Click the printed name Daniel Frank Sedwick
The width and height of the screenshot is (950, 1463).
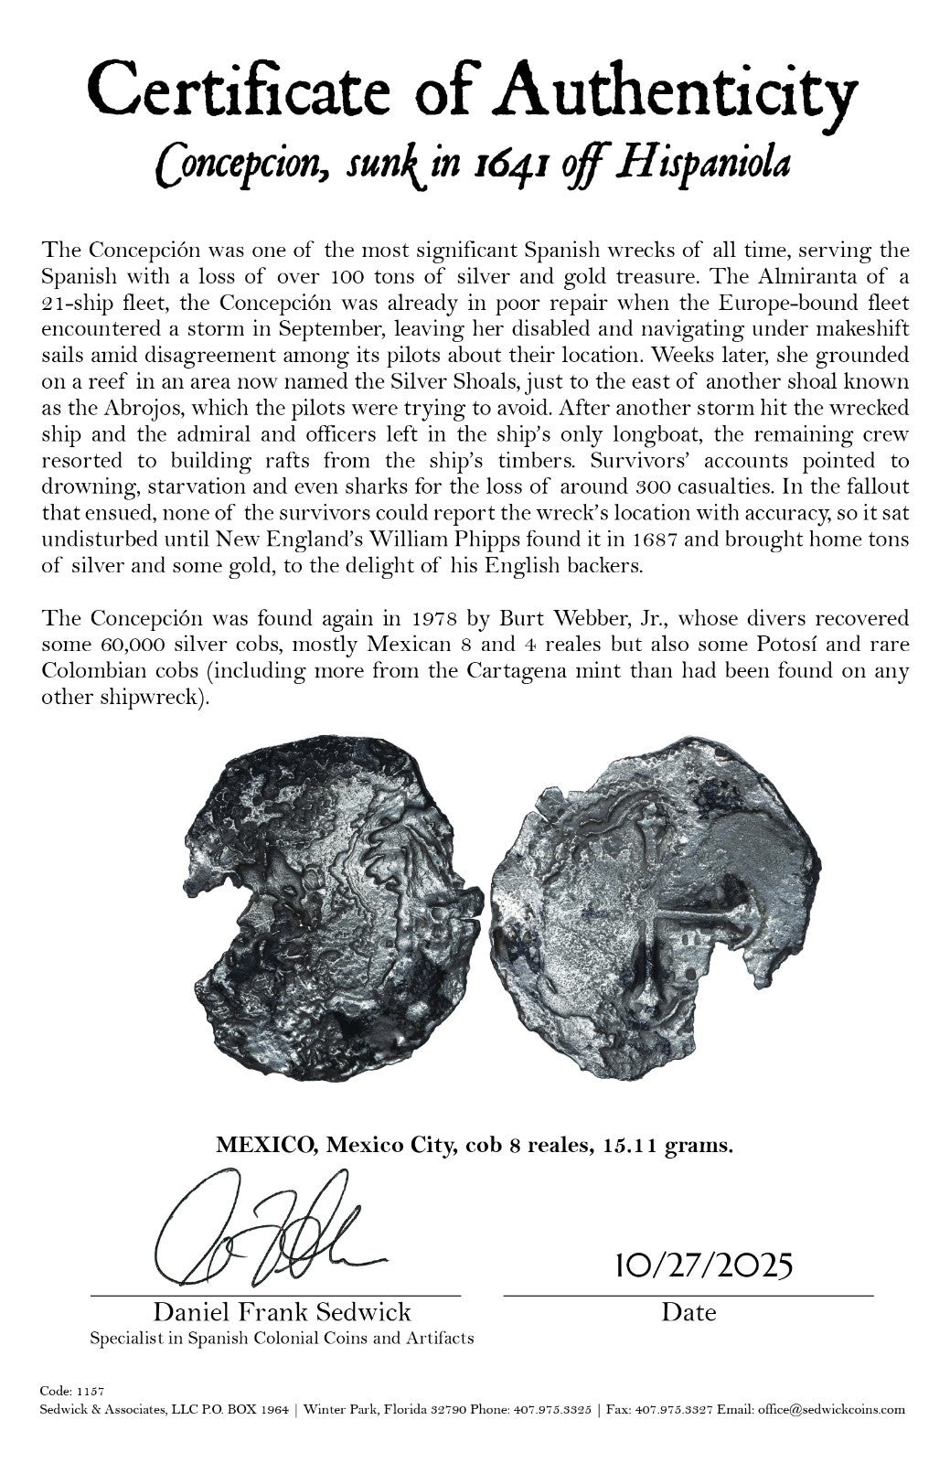pyautogui.click(x=282, y=1313)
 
